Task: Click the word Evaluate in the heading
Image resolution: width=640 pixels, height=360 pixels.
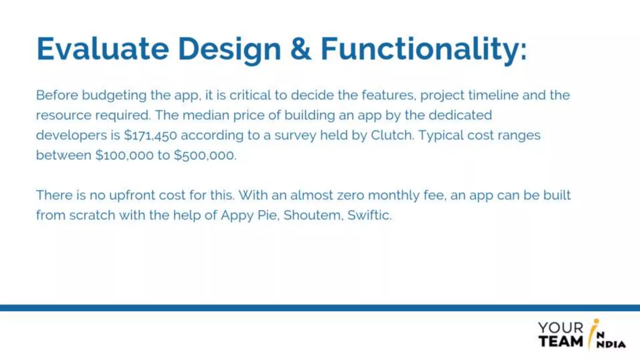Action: (x=103, y=49)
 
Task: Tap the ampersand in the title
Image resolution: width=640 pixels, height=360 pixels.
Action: (x=301, y=49)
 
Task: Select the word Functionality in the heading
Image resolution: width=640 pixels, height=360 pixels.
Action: (x=423, y=49)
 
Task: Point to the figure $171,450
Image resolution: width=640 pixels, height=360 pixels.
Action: (x=151, y=135)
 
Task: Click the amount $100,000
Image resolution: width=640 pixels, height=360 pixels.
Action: (x=124, y=155)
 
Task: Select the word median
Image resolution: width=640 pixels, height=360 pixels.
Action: (x=206, y=115)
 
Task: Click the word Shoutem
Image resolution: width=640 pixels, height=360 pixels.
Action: (x=313, y=215)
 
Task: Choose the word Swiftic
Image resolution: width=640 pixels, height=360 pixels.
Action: (x=369, y=215)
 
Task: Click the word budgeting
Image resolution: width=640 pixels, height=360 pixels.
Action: (x=114, y=96)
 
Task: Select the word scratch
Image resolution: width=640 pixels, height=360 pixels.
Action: (x=92, y=215)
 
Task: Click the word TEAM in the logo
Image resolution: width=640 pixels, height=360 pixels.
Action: (x=561, y=341)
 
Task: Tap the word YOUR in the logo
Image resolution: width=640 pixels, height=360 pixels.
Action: (x=561, y=328)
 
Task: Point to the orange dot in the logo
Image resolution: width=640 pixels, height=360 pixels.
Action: (x=596, y=321)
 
